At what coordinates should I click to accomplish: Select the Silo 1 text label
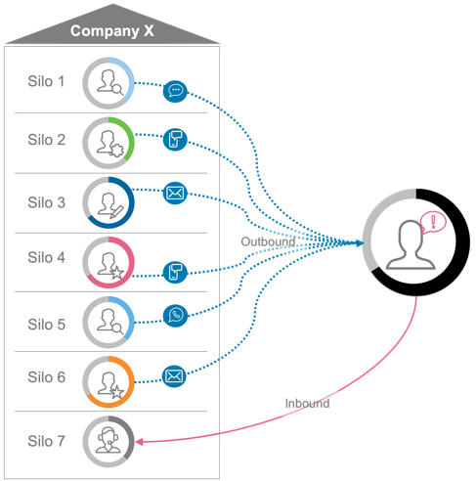click(46, 80)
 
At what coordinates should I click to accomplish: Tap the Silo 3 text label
click(46, 202)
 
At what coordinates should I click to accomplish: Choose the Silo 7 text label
click(46, 441)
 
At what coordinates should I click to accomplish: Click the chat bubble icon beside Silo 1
click(175, 92)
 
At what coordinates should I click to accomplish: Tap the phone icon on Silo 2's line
click(174, 140)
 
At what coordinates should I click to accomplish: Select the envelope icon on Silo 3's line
click(175, 193)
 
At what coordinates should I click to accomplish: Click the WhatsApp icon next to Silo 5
click(175, 316)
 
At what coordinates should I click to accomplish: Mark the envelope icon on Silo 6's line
click(174, 374)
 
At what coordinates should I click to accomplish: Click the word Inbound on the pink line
click(308, 402)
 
